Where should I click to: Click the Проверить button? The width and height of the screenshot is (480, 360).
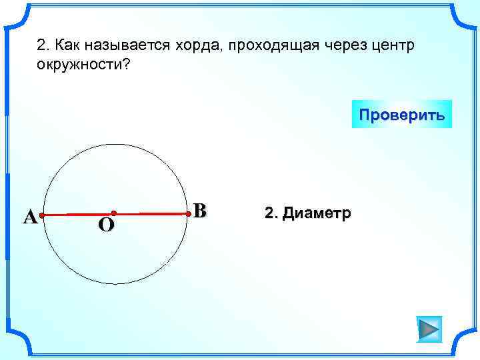(x=401, y=114)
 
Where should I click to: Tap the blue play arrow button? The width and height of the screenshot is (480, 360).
(x=429, y=329)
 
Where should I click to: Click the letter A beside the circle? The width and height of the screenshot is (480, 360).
(x=29, y=217)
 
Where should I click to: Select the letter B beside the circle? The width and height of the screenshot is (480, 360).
(x=201, y=211)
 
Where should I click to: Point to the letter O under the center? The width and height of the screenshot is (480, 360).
(x=106, y=225)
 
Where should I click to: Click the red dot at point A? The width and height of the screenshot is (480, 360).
(x=41, y=216)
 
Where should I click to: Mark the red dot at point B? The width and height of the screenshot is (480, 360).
(x=189, y=214)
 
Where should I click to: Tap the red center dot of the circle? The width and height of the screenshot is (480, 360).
(x=114, y=213)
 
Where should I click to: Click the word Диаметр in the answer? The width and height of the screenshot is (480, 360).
(x=317, y=213)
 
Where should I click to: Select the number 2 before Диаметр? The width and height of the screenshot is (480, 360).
(x=270, y=213)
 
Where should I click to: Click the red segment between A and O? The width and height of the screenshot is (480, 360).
(x=77, y=215)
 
